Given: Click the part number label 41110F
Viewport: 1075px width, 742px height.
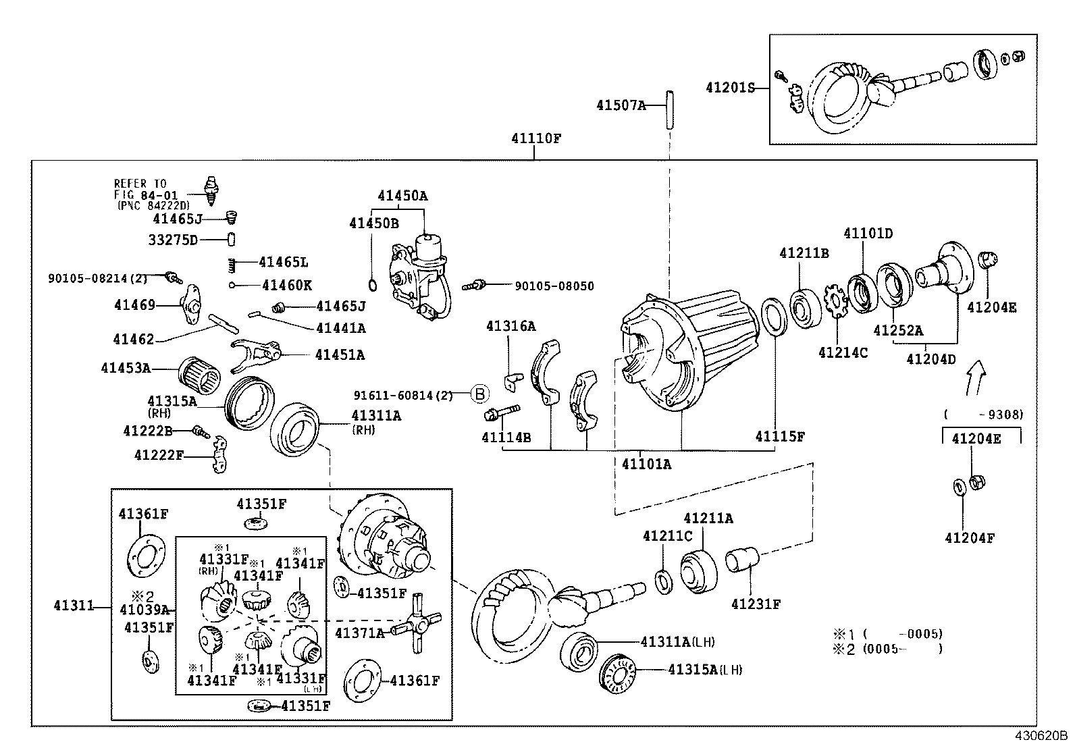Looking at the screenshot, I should coord(536,139).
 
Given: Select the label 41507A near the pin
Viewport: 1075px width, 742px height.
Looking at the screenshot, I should coord(621,105).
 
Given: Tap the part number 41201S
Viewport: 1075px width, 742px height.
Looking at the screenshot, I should coord(729,87).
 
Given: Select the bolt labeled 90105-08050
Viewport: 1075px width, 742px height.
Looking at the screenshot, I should coord(475,286).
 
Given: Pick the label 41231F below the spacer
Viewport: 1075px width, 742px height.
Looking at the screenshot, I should coord(755,604).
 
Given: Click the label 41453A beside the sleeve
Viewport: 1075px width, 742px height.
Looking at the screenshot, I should coord(126,368).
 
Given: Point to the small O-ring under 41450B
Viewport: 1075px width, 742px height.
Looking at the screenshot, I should coord(373,282).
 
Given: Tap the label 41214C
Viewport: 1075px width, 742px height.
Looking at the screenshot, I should coord(843,352).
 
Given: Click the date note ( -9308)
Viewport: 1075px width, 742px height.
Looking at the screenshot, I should coord(983,415).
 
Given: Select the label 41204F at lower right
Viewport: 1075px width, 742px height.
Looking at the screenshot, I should coord(969,538).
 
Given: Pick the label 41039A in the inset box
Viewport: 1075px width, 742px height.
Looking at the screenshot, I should coord(145,610).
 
